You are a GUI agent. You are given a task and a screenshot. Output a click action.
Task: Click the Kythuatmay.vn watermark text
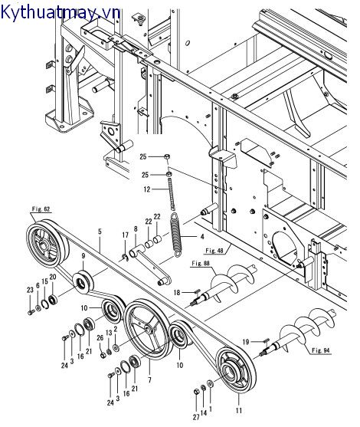tap(61, 11)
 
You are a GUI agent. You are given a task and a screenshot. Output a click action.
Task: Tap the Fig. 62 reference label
tap(41, 209)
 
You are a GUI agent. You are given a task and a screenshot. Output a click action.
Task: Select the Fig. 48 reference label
tap(214, 250)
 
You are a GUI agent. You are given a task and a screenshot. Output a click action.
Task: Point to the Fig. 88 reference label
tap(201, 264)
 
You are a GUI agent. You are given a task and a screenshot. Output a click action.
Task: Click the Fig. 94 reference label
tap(321, 350)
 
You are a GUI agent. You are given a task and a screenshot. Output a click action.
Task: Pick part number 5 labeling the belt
tap(100, 232)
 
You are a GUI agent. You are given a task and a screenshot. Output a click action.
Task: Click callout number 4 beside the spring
tap(202, 237)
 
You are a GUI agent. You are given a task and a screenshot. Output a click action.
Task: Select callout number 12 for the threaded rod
tap(147, 189)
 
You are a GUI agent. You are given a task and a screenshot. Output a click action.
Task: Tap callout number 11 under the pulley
tap(239, 410)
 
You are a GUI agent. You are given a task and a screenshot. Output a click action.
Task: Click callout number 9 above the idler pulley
tap(83, 256)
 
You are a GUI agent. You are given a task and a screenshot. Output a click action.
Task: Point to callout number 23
tap(30, 290)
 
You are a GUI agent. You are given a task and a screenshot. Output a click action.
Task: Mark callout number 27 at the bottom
tap(196, 417)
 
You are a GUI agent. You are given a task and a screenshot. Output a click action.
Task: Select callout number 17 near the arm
tap(125, 235)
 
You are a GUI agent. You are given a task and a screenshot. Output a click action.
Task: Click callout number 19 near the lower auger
tap(246, 342)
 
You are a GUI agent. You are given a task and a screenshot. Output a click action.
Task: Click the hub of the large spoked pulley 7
tap(149, 329)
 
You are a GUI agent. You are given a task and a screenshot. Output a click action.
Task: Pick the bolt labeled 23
tap(30, 312)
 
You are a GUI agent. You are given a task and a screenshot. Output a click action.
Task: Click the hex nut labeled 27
tap(196, 392)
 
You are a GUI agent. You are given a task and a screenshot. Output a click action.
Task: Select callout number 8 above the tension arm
tap(136, 229)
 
